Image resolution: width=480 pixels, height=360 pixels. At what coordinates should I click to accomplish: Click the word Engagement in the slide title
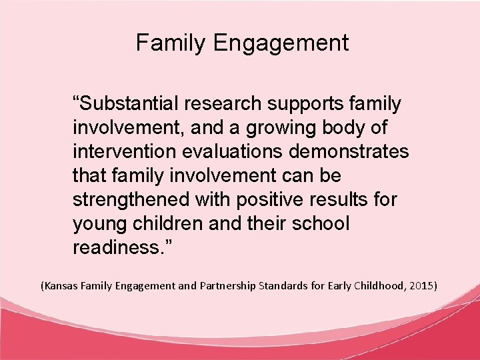coord(281,43)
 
